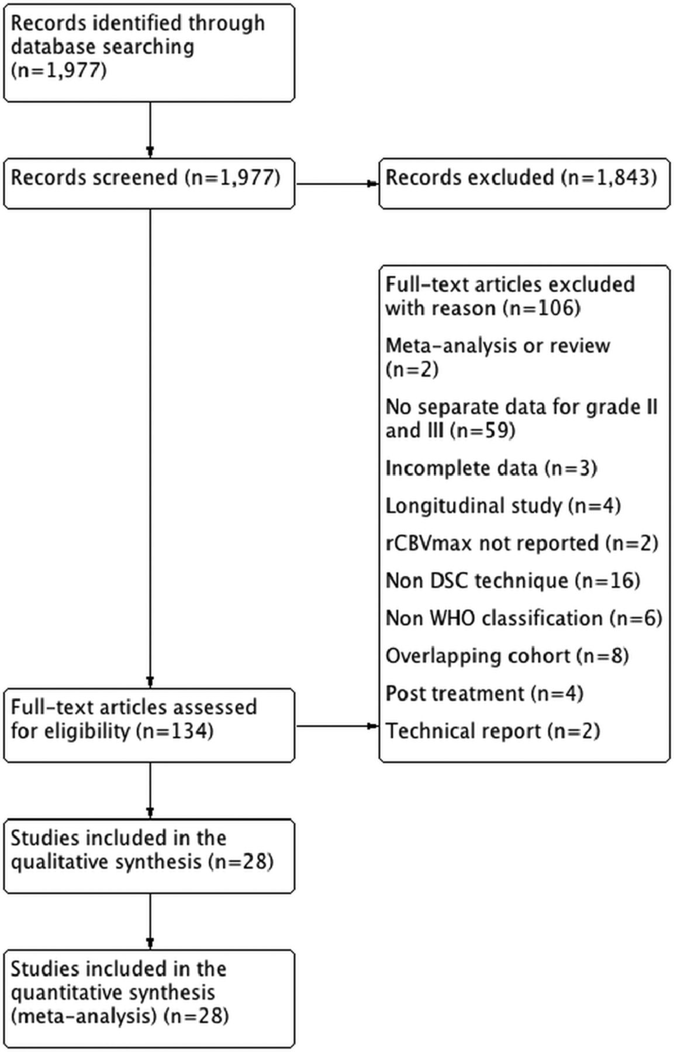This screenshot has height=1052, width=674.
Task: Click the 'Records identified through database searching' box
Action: tap(149, 53)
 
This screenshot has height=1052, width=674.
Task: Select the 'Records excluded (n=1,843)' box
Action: tap(524, 183)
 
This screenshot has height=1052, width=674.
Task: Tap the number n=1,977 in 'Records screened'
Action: tap(233, 177)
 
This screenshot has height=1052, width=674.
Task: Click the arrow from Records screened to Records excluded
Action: tap(337, 184)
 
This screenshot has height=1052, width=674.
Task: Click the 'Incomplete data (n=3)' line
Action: tap(491, 468)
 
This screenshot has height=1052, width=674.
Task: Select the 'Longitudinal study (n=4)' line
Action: tap(503, 506)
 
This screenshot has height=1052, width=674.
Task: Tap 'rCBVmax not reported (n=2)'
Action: tap(522, 543)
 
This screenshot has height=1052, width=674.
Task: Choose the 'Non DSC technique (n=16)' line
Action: tap(513, 580)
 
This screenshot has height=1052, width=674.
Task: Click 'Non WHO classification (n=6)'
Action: tap(524, 618)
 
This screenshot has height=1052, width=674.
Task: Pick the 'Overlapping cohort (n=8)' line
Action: tap(507, 656)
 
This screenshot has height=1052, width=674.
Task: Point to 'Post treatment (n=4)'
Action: tap(484, 693)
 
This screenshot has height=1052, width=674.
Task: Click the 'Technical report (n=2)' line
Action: tap(492, 731)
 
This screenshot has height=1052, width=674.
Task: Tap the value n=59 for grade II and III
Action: tap(485, 431)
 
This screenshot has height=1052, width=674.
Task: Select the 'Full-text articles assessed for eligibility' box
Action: tap(149, 725)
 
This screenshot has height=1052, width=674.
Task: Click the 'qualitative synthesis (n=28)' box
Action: tap(149, 856)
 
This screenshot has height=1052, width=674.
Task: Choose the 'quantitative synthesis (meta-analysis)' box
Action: tap(149, 999)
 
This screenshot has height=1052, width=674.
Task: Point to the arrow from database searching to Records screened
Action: tap(150, 130)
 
